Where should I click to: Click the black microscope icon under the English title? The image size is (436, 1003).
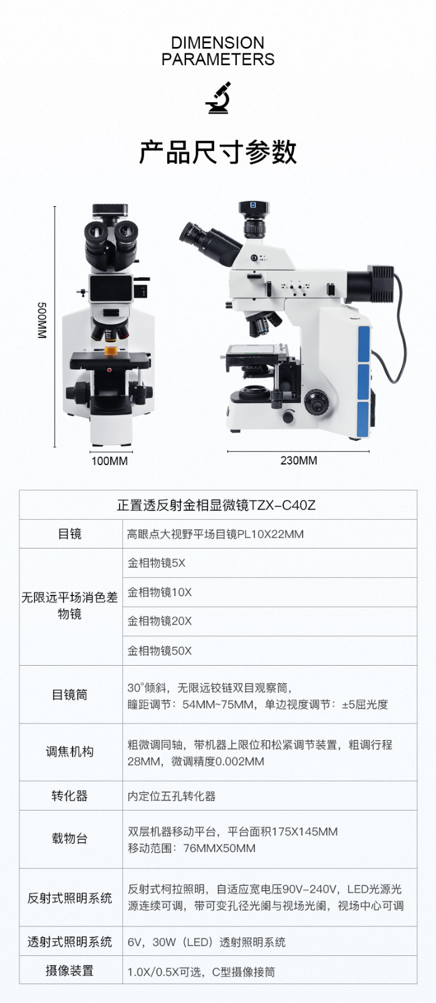[x=218, y=98]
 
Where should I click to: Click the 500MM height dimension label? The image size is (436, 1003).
[x=41, y=320]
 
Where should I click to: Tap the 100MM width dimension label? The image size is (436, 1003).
[x=110, y=461]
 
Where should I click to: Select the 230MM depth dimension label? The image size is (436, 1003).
[x=299, y=460]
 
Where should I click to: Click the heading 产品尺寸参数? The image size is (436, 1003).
[x=218, y=152]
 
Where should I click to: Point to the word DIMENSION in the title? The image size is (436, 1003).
[x=218, y=43]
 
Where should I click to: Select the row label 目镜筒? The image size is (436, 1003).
[x=70, y=695]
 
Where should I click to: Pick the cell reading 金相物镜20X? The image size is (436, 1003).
[x=159, y=621]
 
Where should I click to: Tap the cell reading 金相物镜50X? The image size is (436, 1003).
[x=159, y=651]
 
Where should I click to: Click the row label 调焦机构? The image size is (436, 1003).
[x=70, y=752]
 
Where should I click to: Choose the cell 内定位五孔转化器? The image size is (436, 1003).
[x=172, y=796]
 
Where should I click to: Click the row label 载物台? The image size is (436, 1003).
[x=70, y=838]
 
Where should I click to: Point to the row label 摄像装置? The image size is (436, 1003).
[x=70, y=971]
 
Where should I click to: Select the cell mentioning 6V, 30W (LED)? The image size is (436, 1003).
[x=206, y=942]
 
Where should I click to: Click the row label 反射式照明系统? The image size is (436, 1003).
[x=70, y=898]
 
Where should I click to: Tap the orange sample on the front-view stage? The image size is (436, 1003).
[x=111, y=350]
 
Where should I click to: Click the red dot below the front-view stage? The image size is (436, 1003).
[x=109, y=370]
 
